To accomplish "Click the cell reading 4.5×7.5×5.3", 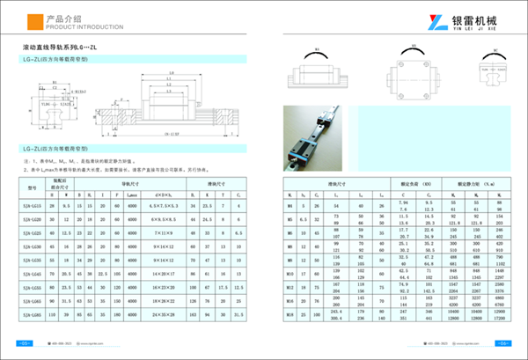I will click(165, 204).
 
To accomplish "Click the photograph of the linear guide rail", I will click(323, 138).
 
